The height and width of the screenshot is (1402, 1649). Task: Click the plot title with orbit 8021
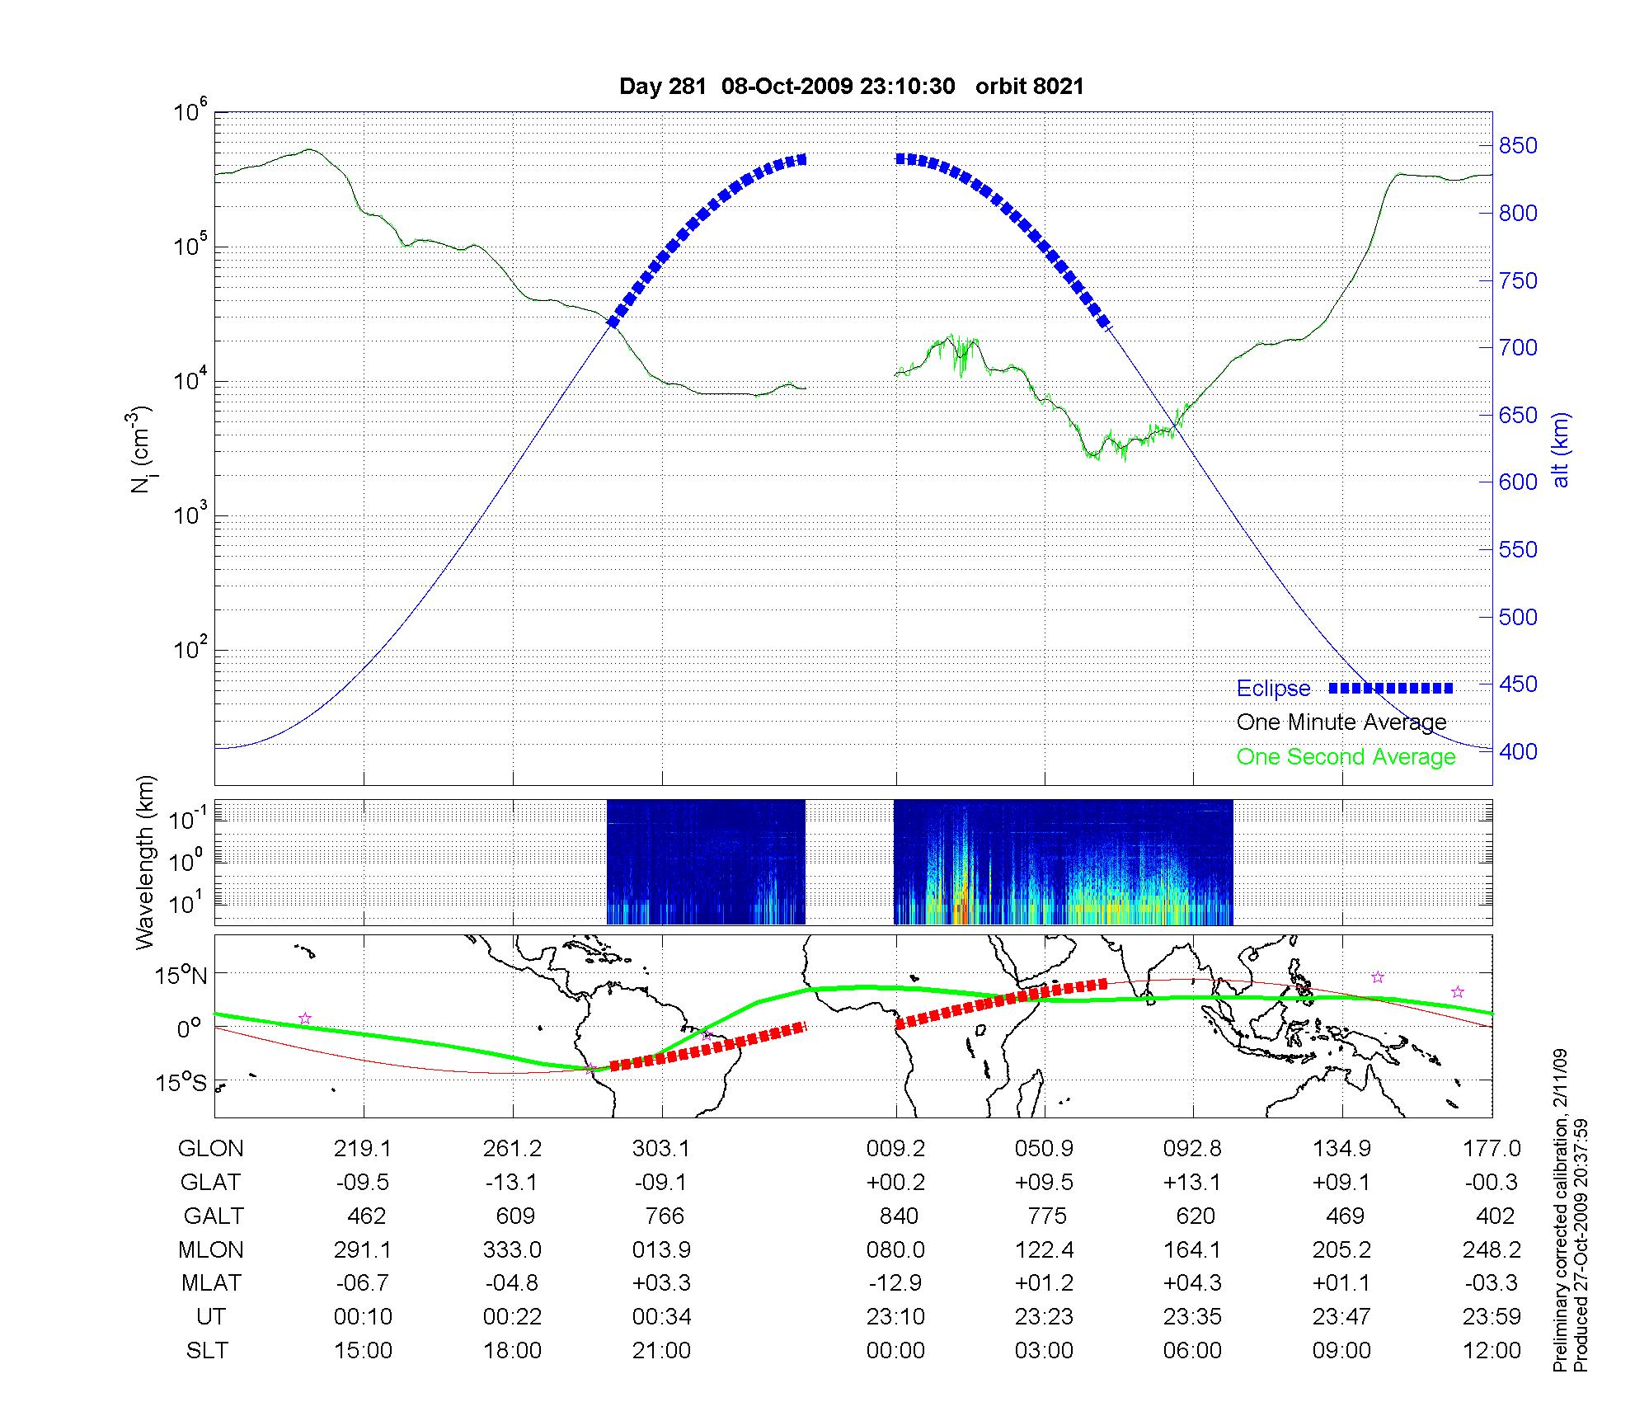pyautogui.click(x=851, y=86)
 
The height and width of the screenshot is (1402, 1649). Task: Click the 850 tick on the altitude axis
pyautogui.click(x=1518, y=146)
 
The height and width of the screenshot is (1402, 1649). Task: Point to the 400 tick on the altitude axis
pyautogui.click(x=1518, y=751)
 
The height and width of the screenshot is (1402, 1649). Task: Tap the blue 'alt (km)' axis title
pyautogui.click(x=1561, y=449)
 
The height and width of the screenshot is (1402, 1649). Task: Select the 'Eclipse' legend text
pyautogui.click(x=1273, y=689)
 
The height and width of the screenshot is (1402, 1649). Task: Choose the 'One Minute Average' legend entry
pyautogui.click(x=1341, y=722)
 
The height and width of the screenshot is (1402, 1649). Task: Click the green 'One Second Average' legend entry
pyautogui.click(x=1346, y=757)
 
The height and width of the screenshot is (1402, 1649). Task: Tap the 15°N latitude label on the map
pyautogui.click(x=182, y=976)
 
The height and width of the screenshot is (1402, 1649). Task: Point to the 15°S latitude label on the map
pyautogui.click(x=182, y=1082)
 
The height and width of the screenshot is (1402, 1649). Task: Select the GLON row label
pyautogui.click(x=210, y=1149)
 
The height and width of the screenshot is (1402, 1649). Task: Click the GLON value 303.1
pyautogui.click(x=661, y=1149)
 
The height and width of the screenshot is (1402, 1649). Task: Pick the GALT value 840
pyautogui.click(x=899, y=1216)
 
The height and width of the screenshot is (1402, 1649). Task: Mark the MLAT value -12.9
pyautogui.click(x=895, y=1283)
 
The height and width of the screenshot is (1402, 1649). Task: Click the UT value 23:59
pyautogui.click(x=1492, y=1317)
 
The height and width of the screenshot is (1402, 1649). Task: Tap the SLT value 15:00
pyautogui.click(x=363, y=1351)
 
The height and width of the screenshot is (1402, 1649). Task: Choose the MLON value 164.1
pyautogui.click(x=1192, y=1250)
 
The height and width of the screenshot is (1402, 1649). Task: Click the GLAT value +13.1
pyautogui.click(x=1192, y=1183)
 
